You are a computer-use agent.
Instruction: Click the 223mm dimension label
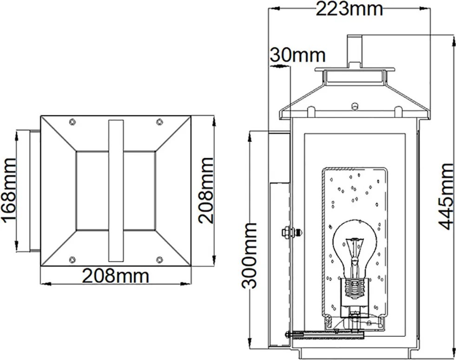tap(349, 9)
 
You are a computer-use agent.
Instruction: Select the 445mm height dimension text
tap(446, 197)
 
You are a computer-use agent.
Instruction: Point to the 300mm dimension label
tap(250, 256)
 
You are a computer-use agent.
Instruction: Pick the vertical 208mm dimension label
tap(206, 191)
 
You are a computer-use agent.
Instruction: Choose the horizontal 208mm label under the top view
tap(115, 276)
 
